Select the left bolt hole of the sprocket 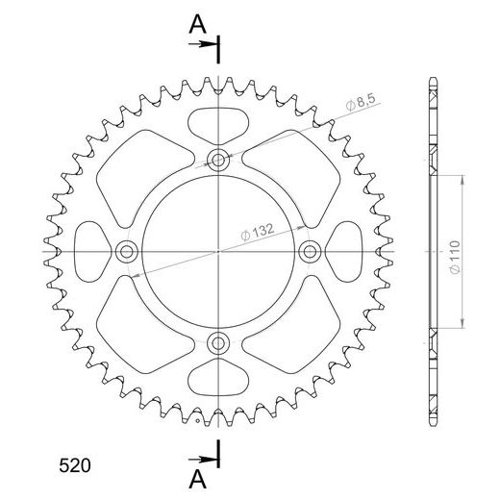pos(127,251)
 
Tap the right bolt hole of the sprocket pos(310,251)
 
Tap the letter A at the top pos(195,26)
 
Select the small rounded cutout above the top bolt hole pos(218,122)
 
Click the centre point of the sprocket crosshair pos(218,251)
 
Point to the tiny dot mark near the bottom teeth pos(198,419)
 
